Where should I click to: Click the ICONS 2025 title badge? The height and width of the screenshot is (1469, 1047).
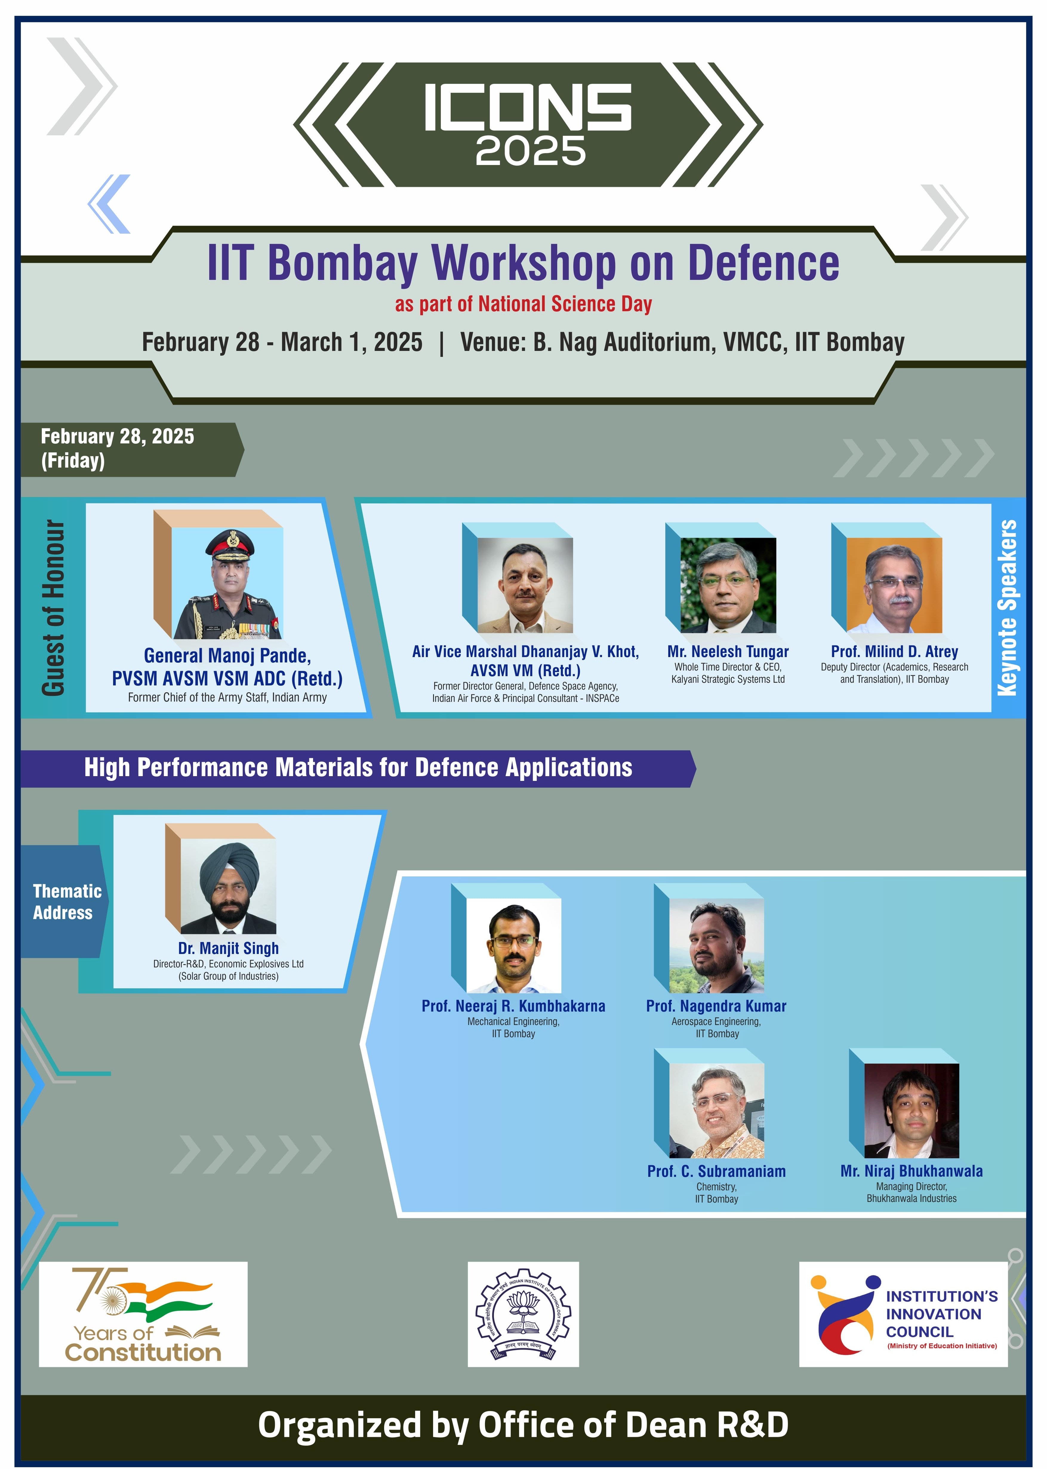click(x=527, y=124)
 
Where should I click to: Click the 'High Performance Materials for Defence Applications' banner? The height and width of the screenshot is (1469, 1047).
click(x=358, y=768)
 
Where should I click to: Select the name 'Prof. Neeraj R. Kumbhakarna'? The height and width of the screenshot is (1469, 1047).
click(x=513, y=1006)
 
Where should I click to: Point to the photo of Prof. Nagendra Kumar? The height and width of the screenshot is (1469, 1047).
click(x=716, y=945)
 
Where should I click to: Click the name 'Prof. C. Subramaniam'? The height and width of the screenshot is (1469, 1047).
click(x=716, y=1171)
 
